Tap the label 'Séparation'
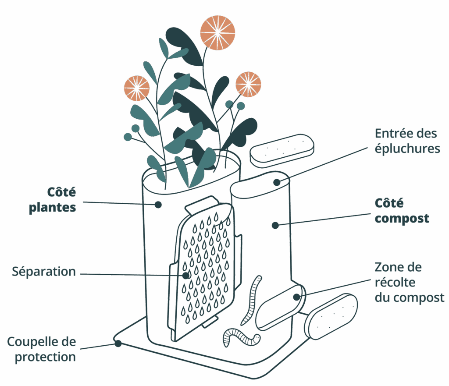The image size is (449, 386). (x=44, y=272)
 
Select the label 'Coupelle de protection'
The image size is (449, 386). (x=42, y=349)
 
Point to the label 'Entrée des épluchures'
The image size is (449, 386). (x=407, y=140)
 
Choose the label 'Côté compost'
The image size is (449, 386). (x=402, y=211)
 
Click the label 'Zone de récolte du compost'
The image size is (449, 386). (x=409, y=282)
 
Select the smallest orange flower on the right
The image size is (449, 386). (x=248, y=84)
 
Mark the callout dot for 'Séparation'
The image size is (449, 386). (x=186, y=276)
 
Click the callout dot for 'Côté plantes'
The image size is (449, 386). (x=158, y=204)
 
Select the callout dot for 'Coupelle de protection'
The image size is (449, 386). (x=118, y=344)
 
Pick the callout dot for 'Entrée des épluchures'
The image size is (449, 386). (x=277, y=182)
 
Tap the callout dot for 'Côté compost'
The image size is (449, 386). (x=275, y=225)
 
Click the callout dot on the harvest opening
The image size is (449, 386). (x=297, y=297)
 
